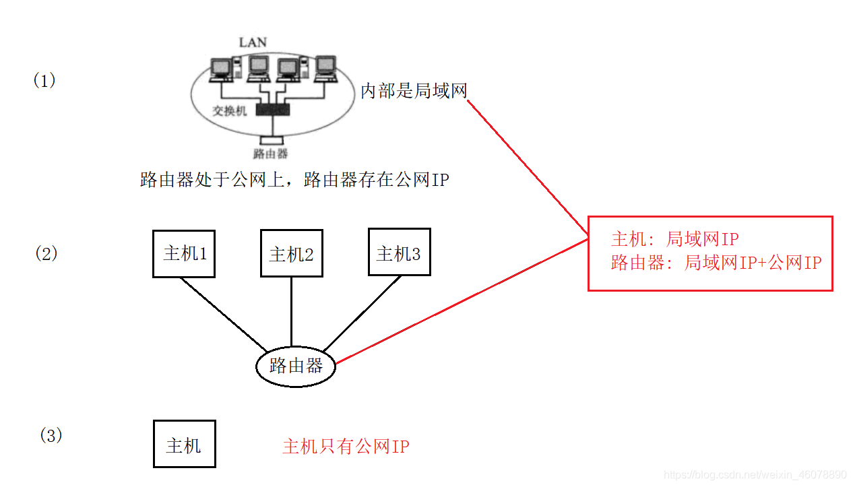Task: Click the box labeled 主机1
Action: pos(184,253)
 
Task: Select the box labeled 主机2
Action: pos(291,254)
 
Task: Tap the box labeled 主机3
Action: pos(399,252)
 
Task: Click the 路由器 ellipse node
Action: pos(296,366)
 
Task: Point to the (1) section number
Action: pos(44,80)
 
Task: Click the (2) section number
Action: pos(46,253)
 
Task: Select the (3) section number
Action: pos(51,435)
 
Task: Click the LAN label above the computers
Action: pos(253,42)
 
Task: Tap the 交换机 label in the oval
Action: pos(230,110)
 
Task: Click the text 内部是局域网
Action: pos(414,91)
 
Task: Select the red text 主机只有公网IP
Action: pos(346,447)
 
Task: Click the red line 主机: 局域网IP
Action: pos(674,239)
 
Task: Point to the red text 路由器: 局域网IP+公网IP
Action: pos(716,263)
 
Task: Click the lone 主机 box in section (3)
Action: pos(184,444)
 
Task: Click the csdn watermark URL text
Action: pos(755,474)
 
